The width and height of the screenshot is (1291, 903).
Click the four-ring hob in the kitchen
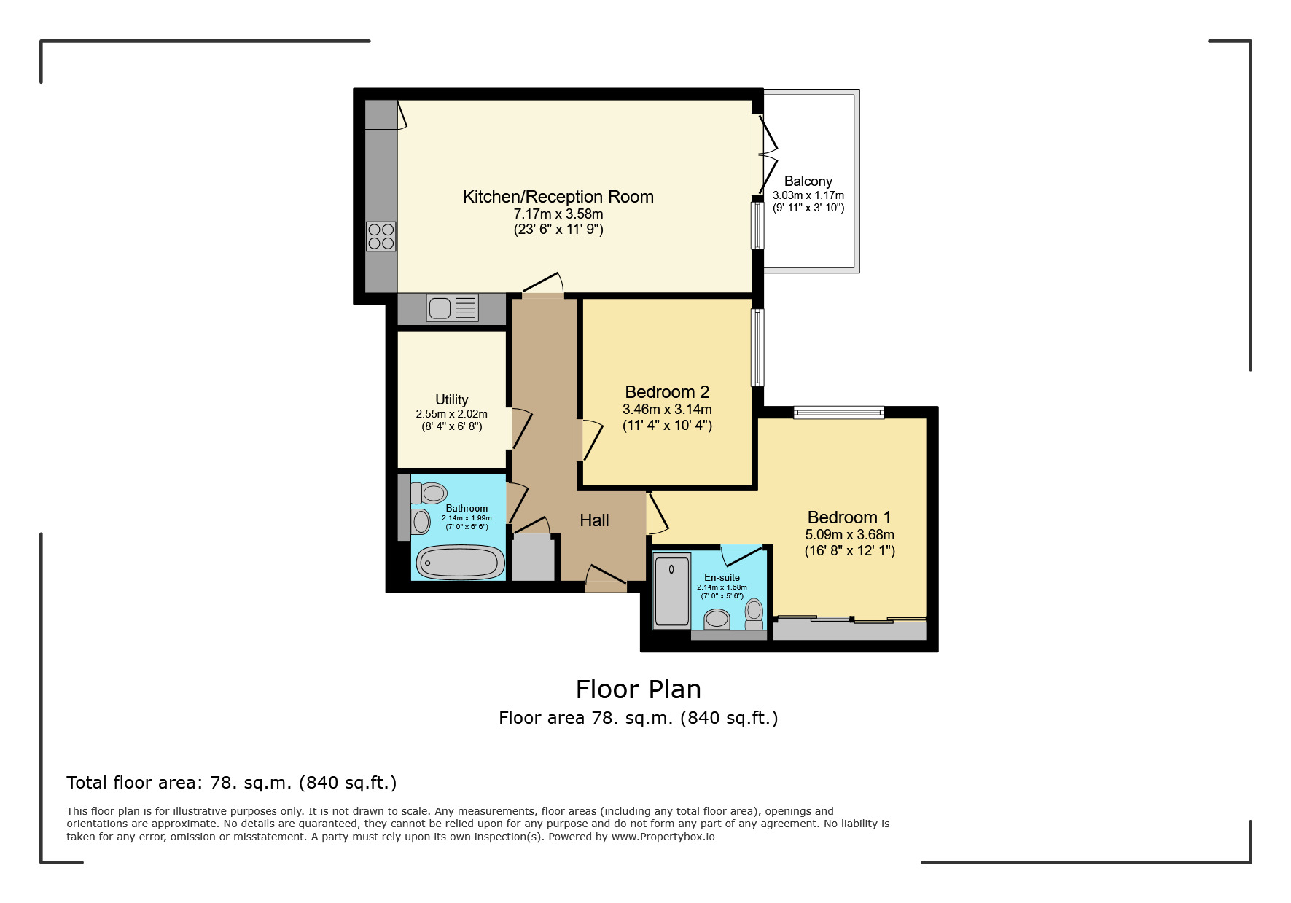[x=381, y=236]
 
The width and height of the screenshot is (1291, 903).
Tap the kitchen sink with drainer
[x=453, y=308]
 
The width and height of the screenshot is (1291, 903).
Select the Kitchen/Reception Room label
[x=558, y=197]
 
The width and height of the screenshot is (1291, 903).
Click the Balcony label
[x=808, y=181]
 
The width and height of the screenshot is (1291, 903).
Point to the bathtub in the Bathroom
[x=460, y=563]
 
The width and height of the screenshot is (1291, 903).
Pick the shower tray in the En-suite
[x=672, y=591]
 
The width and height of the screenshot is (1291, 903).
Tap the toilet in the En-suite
[x=754, y=614]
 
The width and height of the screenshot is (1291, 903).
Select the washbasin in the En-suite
[x=717, y=619]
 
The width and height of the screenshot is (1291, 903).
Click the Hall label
[x=594, y=520]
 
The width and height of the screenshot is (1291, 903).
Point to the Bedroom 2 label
[x=667, y=392]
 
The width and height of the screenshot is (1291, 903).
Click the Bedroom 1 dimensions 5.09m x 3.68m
[x=849, y=534]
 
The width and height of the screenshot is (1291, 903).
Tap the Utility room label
[x=452, y=399]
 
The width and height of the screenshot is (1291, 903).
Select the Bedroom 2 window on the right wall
[x=758, y=347]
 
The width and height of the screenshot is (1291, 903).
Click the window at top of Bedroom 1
[x=839, y=413]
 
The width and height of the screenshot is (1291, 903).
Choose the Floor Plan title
[x=639, y=689]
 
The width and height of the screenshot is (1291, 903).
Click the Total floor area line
[x=232, y=783]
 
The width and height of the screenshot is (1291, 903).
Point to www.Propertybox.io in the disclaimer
[x=663, y=837]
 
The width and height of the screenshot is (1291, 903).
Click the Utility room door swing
[x=520, y=430]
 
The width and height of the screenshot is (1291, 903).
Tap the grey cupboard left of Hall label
[x=534, y=558]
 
